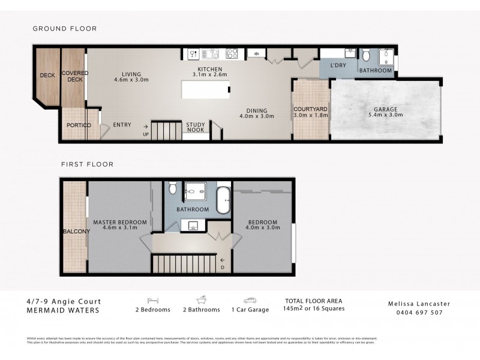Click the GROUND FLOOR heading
coord(64,28)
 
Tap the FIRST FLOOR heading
coord(87,164)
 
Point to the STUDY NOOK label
coord(196,128)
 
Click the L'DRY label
coord(338,66)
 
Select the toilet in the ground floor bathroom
coord(367,56)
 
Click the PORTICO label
coord(79,125)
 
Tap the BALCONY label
coord(76,231)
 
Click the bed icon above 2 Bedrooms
coord(152,301)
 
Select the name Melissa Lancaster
coord(418,304)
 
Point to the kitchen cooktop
coord(232,54)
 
